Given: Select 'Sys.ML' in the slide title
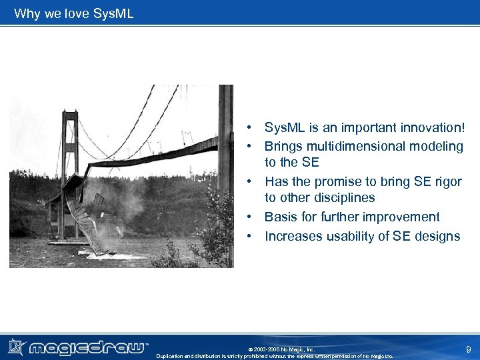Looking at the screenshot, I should tap(113, 13).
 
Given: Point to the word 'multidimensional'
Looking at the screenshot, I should tap(353, 146).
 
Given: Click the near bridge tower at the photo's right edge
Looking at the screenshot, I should tap(225, 167).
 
